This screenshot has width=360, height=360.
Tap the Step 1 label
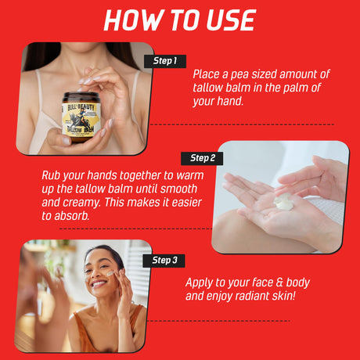point(165,61)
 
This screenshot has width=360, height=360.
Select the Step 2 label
point(202,158)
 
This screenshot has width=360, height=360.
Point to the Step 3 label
point(164,261)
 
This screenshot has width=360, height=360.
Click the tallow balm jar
point(81,117)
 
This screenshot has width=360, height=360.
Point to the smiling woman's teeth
point(99,283)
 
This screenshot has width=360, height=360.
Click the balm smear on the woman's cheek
point(110,273)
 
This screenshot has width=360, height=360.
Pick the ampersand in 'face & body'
point(279,283)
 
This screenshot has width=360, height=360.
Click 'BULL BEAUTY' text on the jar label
point(81,107)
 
